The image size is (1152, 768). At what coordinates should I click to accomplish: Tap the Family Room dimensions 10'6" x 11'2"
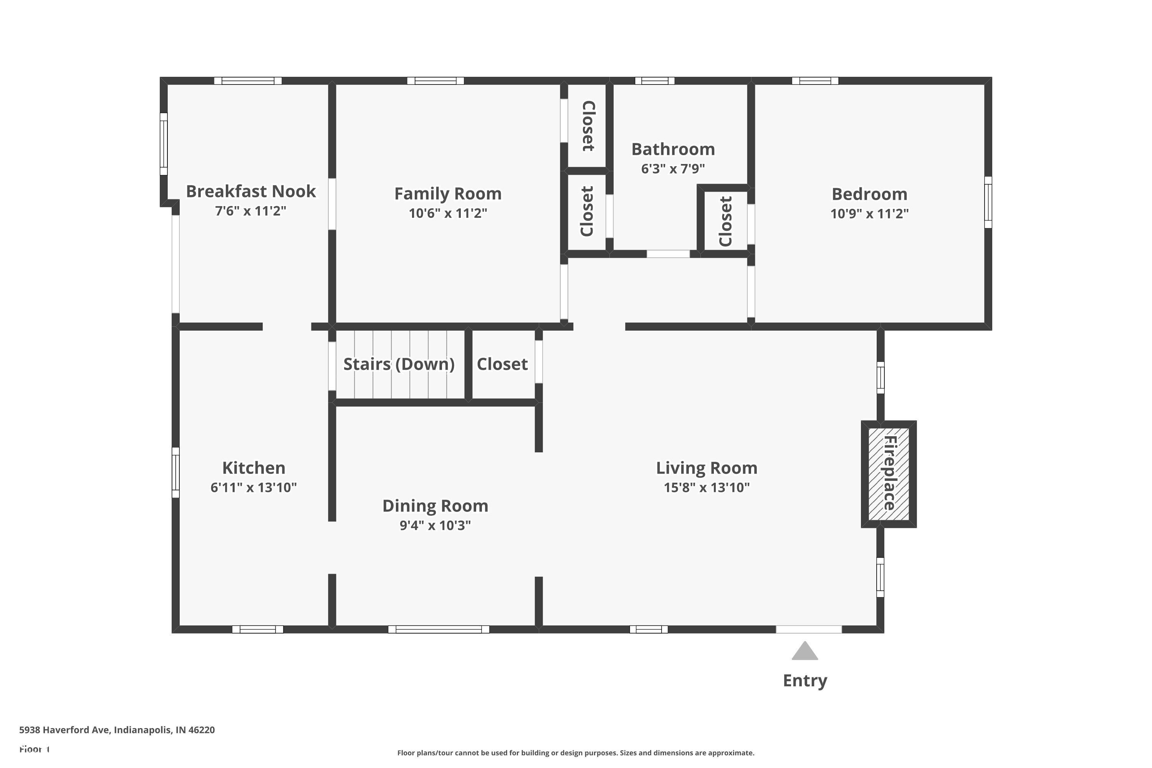448,213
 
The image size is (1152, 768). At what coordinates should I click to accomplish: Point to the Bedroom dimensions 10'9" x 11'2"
869,214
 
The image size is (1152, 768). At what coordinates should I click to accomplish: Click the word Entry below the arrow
805,680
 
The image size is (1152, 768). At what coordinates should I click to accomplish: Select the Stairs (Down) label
399,364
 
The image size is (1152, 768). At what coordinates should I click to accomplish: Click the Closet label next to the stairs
502,364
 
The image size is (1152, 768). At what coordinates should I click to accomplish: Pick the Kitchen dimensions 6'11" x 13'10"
253,487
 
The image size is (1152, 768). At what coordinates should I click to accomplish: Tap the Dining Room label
435,505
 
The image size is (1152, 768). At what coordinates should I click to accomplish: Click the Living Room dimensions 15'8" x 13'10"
706,487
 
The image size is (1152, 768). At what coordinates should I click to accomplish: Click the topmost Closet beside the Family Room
588,126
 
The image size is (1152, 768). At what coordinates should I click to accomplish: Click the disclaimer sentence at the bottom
576,753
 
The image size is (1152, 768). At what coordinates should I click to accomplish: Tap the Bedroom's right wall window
988,202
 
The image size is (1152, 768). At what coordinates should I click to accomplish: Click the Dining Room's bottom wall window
439,629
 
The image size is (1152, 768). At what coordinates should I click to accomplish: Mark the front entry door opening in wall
809,629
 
